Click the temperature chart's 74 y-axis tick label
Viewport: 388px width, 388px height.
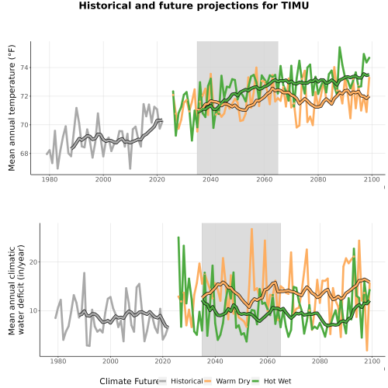click(x=24, y=68)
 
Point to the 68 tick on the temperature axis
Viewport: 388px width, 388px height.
click(x=24, y=154)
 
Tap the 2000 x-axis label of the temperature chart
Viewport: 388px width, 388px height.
click(x=103, y=179)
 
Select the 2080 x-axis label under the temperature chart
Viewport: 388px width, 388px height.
click(x=318, y=179)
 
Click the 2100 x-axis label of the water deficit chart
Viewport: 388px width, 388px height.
click(x=372, y=361)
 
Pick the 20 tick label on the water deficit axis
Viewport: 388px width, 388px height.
click(x=33, y=262)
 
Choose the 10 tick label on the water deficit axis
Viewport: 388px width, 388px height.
click(x=33, y=310)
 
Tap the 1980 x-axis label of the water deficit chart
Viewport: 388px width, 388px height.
click(x=58, y=361)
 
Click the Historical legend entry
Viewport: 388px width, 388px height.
click(x=182, y=381)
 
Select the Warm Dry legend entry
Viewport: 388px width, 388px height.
click(x=227, y=381)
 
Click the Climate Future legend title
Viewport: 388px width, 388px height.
click(x=129, y=381)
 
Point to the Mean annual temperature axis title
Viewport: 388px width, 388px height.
click(x=12, y=108)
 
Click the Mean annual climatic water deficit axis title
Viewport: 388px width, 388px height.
click(x=16, y=289)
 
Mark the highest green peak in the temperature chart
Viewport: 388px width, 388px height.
click(x=340, y=47)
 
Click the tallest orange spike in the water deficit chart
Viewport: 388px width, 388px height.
click(x=251, y=229)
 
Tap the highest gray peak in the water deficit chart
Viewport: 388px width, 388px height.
click(x=84, y=272)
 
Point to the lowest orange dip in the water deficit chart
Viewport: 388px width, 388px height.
click(x=367, y=351)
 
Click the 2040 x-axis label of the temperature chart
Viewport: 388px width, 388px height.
click(x=210, y=179)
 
